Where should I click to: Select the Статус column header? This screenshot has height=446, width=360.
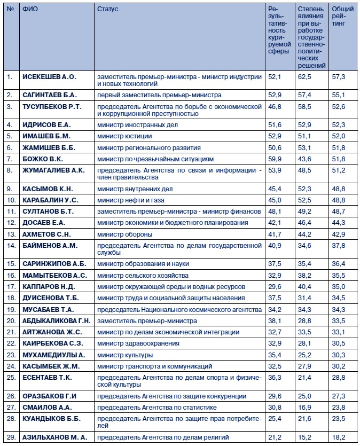108,9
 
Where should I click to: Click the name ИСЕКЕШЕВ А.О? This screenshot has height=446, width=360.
50,77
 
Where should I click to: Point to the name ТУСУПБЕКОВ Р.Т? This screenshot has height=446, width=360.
52,107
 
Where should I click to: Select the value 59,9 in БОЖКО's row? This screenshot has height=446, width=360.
275,159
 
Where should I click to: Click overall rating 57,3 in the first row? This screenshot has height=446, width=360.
339,77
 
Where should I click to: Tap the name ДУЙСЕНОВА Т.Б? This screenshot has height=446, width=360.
51,298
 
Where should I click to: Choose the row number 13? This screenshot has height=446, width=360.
10,234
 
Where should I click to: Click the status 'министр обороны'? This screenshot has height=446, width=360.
124,234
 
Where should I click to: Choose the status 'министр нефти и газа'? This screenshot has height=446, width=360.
130,200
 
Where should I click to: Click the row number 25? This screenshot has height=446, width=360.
10,378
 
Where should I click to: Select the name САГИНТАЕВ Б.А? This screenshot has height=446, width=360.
50,95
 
